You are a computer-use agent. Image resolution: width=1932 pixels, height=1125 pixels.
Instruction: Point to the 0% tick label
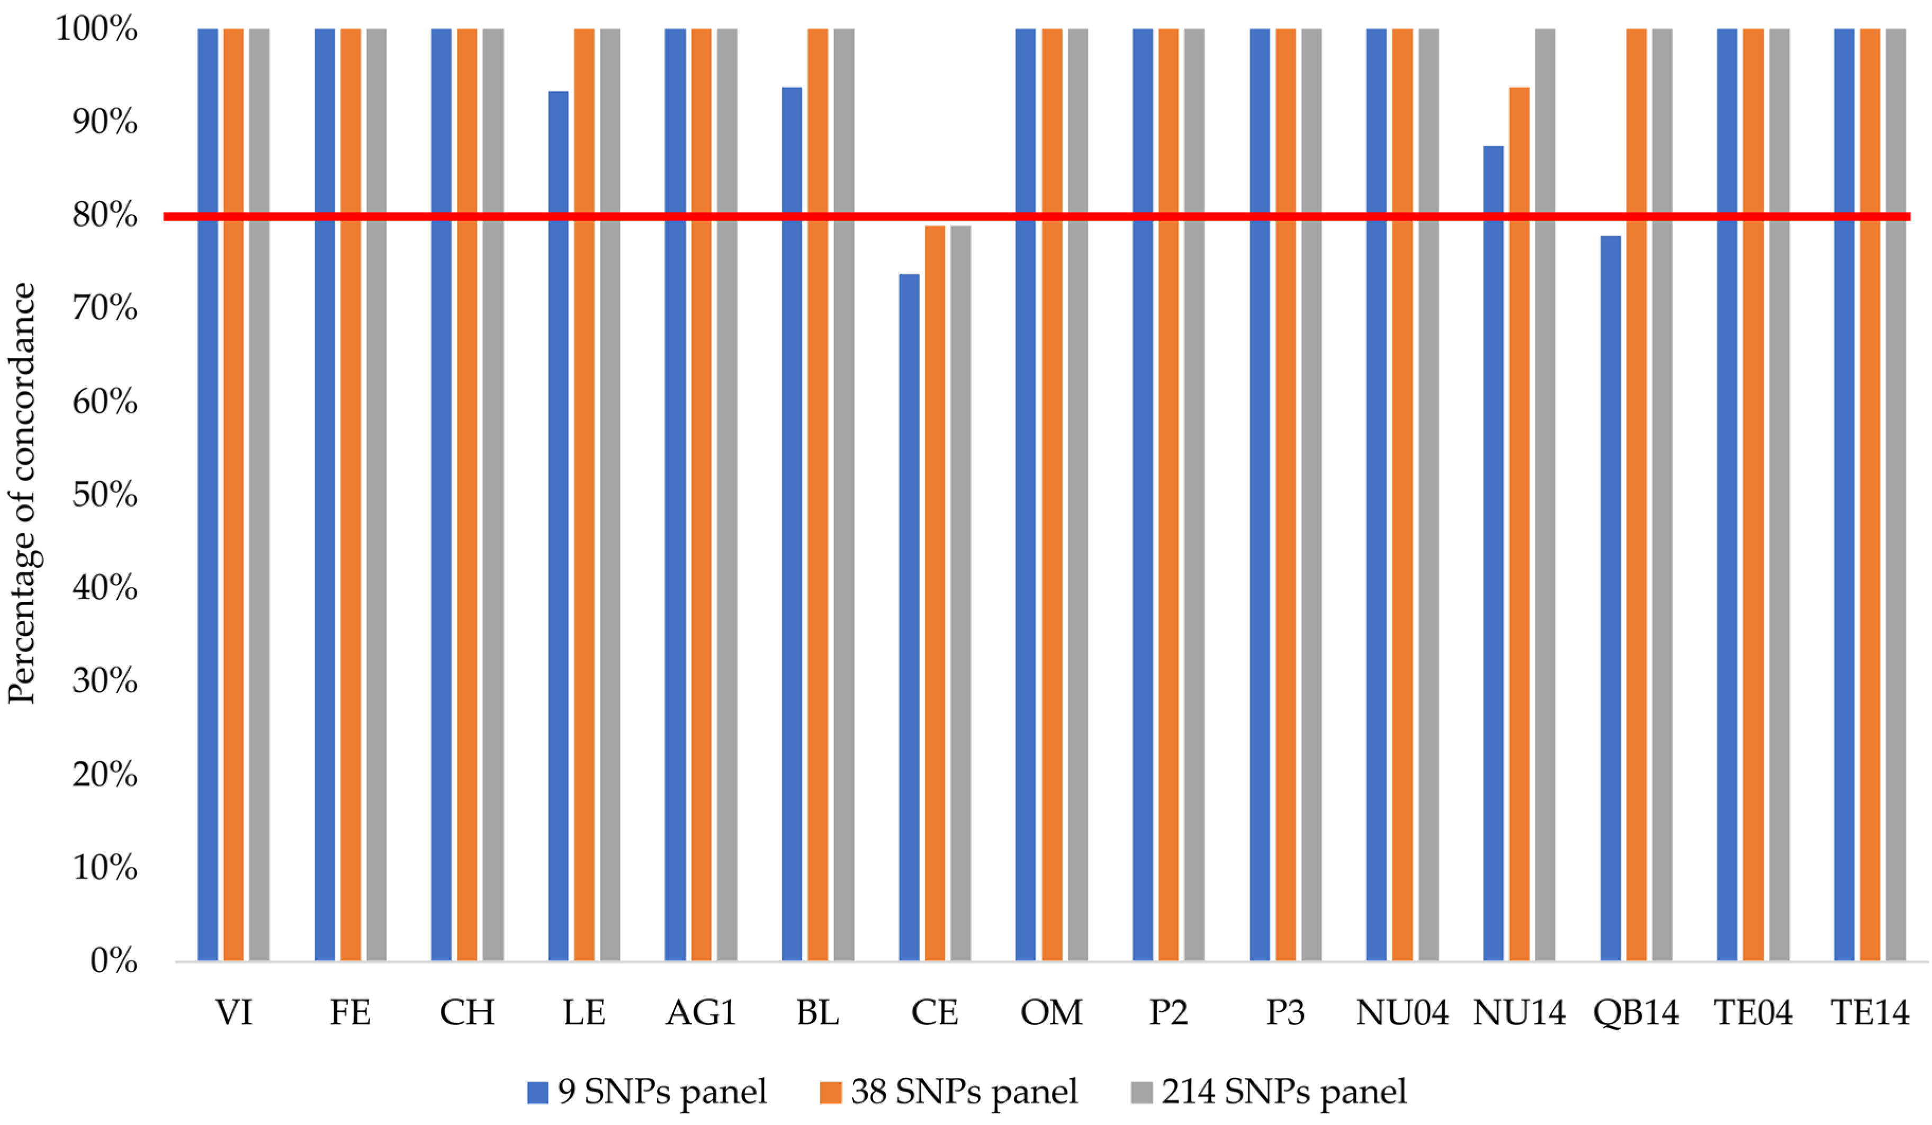[113, 961]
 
